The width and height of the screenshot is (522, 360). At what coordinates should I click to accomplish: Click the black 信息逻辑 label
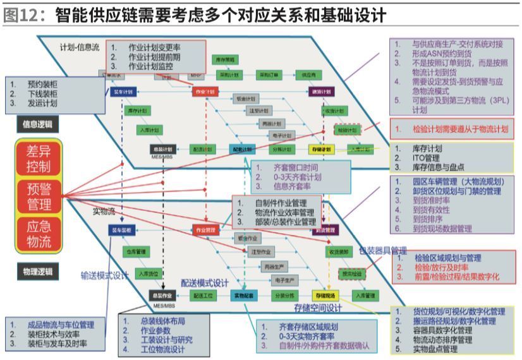37,124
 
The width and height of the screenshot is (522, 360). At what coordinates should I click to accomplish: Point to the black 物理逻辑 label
37,272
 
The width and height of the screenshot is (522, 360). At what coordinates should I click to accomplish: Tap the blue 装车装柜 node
121,231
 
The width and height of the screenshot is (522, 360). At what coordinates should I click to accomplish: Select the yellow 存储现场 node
324,295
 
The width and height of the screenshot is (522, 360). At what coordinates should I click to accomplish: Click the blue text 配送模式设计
205,282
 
